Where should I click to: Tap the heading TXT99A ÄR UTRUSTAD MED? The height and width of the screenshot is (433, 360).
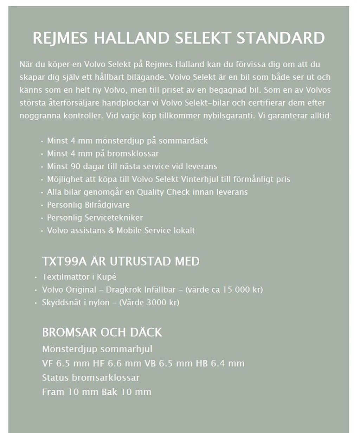121,261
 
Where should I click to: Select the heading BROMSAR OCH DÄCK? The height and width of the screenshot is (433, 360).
102,332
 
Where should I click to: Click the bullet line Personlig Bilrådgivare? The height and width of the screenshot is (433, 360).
88,205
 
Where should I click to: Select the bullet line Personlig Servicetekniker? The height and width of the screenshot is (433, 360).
95,218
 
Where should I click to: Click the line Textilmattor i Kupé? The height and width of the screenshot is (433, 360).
79,277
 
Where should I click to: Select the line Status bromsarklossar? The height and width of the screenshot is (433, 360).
91,377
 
